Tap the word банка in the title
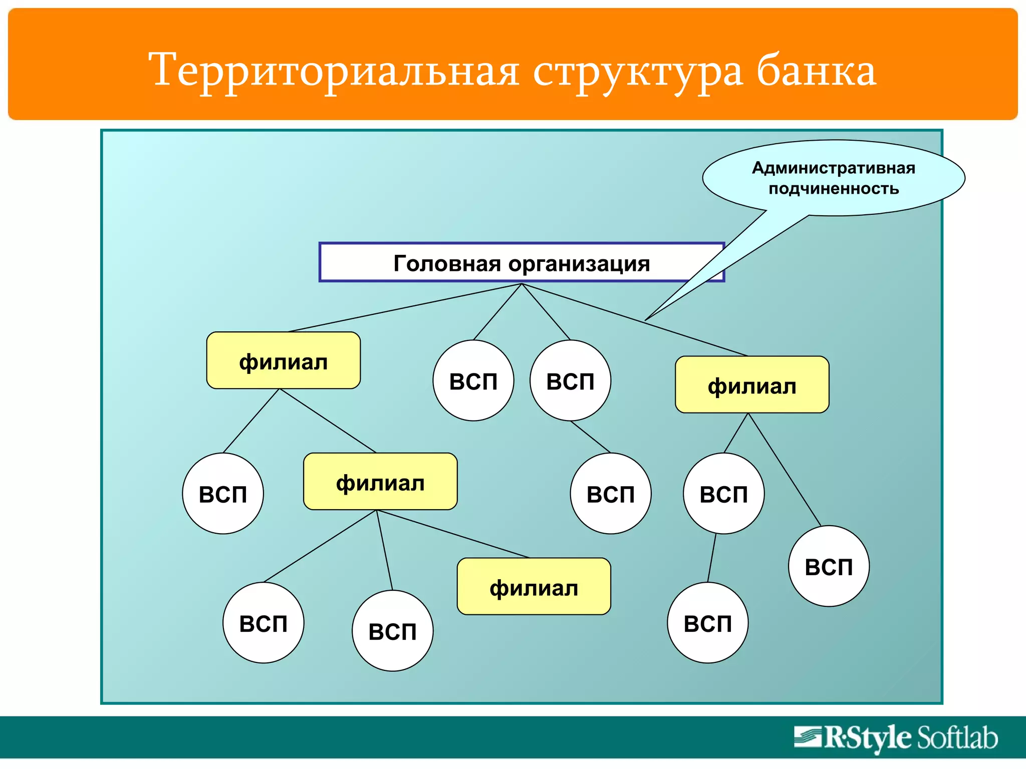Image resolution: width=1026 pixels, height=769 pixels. point(816,71)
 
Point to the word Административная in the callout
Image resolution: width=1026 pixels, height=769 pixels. point(833,168)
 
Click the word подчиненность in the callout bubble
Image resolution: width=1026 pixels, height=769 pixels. point(833,189)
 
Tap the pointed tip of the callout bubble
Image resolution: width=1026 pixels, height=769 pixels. point(647,319)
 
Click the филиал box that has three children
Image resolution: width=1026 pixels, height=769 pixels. point(380,482)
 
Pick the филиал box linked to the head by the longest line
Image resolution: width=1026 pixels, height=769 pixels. point(284,360)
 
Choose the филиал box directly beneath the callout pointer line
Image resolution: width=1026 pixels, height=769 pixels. point(751,384)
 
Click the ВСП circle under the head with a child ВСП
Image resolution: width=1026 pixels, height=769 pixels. point(570,380)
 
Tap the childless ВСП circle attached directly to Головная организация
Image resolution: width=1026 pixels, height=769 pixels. point(473,380)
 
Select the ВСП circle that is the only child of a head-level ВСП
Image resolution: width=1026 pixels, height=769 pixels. point(610,494)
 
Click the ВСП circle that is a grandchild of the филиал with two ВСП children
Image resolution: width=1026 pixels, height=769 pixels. point(707,623)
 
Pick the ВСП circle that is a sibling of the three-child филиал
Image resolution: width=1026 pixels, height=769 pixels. point(223,494)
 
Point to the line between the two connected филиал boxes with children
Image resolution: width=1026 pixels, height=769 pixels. point(327,421)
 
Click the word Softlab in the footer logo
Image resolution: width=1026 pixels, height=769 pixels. point(957,738)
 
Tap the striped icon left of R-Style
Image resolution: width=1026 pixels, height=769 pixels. point(808,737)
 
